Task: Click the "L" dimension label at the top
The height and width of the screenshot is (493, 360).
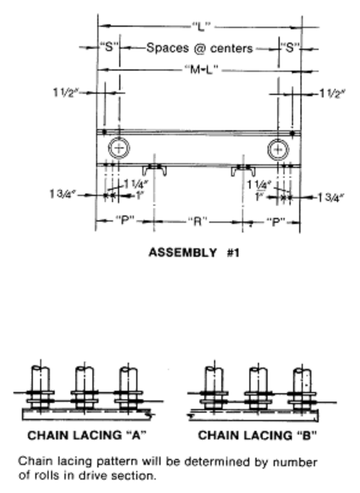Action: (201, 26)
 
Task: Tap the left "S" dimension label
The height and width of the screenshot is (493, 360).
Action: (109, 47)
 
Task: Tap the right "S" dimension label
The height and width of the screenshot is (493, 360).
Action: (290, 47)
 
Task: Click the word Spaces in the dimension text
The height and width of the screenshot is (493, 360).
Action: (168, 48)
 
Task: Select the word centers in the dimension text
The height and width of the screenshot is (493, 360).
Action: (232, 49)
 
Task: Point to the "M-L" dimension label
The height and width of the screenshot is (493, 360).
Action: (201, 69)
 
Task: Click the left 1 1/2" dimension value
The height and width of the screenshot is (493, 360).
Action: (65, 93)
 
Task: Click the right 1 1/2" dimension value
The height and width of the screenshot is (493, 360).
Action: (333, 93)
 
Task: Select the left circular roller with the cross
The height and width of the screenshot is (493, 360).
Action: (119, 148)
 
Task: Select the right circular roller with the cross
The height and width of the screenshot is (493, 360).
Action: (279, 149)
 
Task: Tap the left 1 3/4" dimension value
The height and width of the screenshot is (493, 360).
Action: (63, 194)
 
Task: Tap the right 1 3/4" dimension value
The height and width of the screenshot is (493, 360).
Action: (331, 198)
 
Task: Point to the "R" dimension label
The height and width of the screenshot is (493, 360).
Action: (198, 222)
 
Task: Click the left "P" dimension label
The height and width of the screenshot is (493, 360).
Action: (125, 220)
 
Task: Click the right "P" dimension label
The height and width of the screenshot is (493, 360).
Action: (276, 222)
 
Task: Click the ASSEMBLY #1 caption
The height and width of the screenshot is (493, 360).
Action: (194, 253)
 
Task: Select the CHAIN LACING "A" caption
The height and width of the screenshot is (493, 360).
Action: (87, 435)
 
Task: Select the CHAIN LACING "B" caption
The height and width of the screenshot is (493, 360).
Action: (258, 435)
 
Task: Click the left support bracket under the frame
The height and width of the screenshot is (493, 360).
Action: (154, 170)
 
